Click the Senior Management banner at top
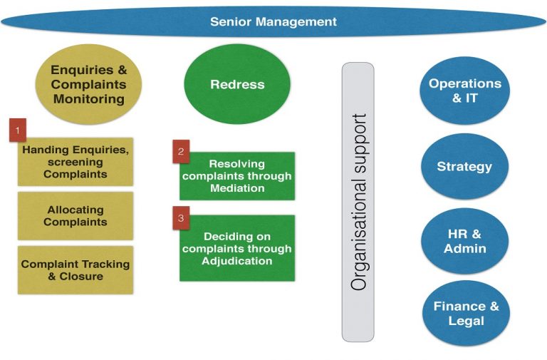[x=273, y=21]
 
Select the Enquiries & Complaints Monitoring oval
[x=89, y=84]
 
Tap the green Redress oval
[x=237, y=84]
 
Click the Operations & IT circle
[x=464, y=91]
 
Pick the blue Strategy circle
[x=464, y=166]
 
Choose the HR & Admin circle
[x=464, y=241]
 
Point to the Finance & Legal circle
[x=466, y=313]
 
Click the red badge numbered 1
[x=18, y=130]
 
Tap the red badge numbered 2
[x=181, y=152]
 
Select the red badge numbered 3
[x=181, y=218]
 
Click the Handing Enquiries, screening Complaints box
[x=75, y=162]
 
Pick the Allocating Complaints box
[x=75, y=216]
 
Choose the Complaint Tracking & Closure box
[x=75, y=270]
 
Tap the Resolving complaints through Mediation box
[x=237, y=176]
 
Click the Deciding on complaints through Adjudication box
[x=237, y=248]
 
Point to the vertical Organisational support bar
[x=358, y=202]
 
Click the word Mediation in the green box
[x=237, y=188]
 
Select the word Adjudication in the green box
[x=237, y=261]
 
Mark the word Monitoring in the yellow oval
[x=89, y=99]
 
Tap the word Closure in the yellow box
[x=81, y=276]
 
